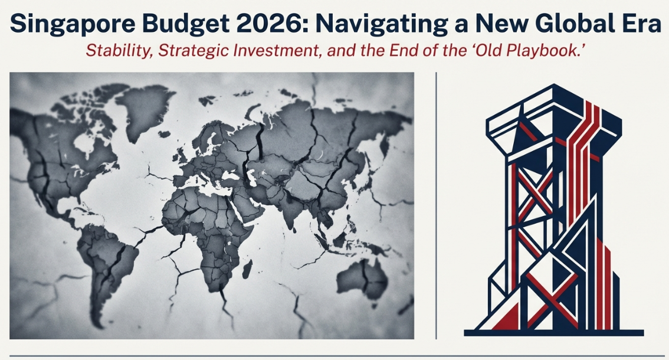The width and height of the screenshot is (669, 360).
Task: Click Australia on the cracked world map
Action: [363, 277]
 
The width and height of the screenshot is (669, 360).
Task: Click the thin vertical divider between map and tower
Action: [436, 205]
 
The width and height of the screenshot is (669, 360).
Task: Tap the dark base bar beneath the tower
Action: [553, 333]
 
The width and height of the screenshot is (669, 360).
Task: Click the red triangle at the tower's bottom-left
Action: [508, 318]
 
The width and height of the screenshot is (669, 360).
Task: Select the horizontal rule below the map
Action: [335, 355]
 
